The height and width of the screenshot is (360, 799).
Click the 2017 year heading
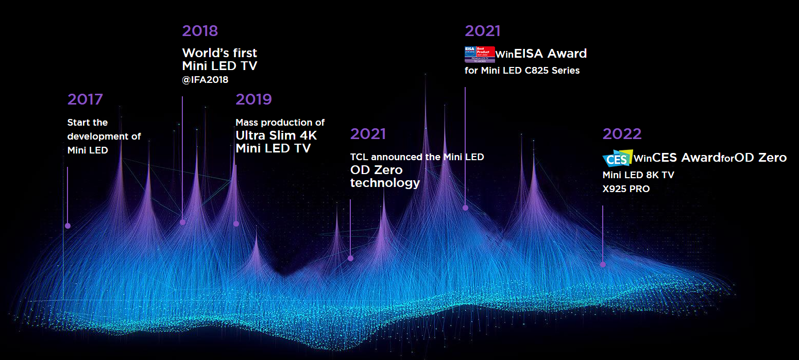[85, 99]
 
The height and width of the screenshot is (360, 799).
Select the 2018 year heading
[200, 31]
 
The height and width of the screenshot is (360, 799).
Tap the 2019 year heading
[253, 99]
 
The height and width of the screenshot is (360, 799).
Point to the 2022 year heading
[622, 134]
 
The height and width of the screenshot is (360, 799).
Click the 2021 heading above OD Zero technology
[368, 134]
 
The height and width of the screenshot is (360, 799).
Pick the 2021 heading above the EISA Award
[482, 31]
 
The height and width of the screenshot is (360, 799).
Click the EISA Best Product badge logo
[480, 54]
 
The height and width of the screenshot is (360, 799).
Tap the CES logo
[617, 158]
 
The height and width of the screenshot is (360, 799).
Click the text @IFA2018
[205, 80]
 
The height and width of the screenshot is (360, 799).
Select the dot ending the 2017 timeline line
[67, 226]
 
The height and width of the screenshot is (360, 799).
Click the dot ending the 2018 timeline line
[182, 222]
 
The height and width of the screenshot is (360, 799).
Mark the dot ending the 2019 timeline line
[236, 224]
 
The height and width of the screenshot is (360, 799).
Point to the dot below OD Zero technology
[350, 258]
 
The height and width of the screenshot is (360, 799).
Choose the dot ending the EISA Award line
[465, 208]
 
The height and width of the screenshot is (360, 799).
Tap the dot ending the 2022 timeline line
[603, 265]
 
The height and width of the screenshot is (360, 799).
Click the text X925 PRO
[626, 189]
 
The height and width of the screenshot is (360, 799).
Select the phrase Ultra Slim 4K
[276, 136]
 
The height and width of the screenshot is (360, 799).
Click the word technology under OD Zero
[385, 183]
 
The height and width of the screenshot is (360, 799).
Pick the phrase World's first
[219, 53]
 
